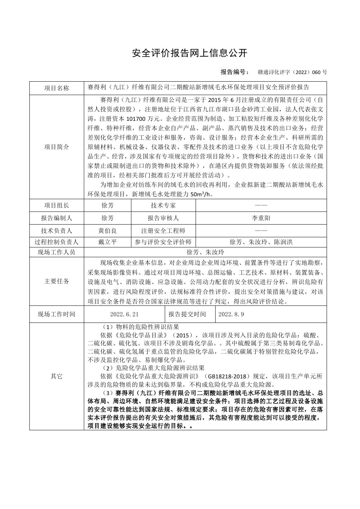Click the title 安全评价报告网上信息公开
coord(190,53)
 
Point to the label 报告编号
coord(234,72)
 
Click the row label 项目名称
coord(57,88)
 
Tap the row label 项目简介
coord(57,147)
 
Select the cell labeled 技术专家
coord(163,205)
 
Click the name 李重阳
coord(261,218)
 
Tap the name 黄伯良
coord(107,231)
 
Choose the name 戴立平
coord(107,242)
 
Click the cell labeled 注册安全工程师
coord(163,231)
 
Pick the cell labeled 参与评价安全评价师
coord(163,242)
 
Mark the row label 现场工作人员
coord(57,252)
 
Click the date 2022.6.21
coord(124,314)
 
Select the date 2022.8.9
coord(231,314)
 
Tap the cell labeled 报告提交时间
coord(187,314)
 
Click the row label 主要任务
coord(57,281)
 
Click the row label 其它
coord(57,376)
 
